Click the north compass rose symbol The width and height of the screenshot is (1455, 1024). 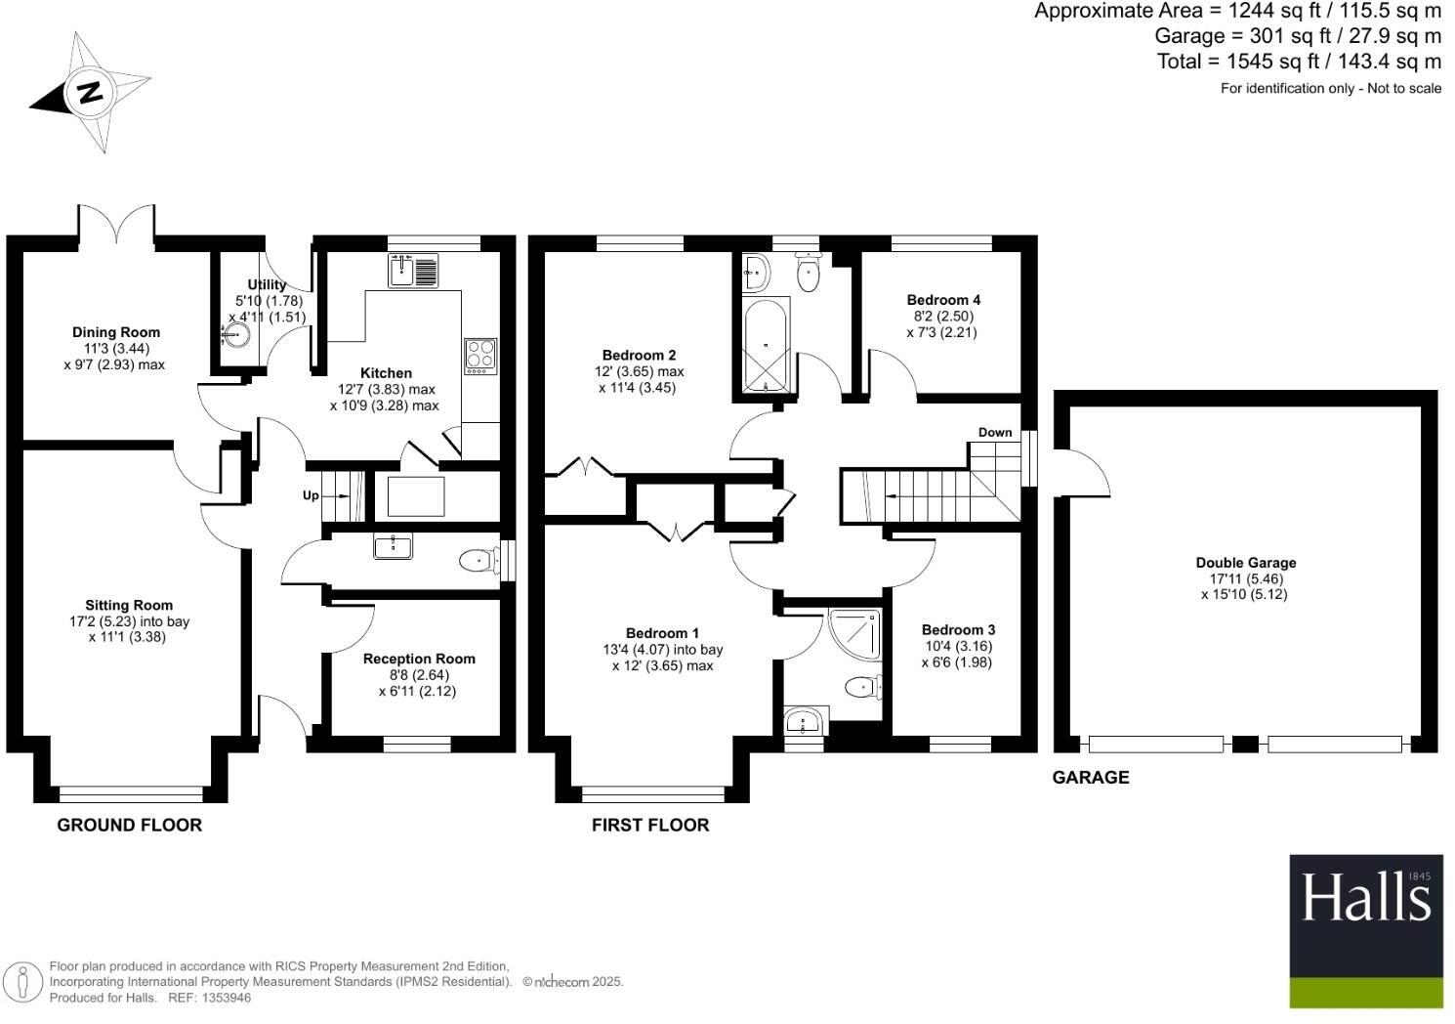pyautogui.click(x=91, y=93)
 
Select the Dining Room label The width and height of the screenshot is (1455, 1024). pyautogui.click(x=116, y=332)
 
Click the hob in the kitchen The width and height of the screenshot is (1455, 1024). pyautogui.click(x=479, y=356)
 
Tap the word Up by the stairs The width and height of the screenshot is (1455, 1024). pyautogui.click(x=311, y=495)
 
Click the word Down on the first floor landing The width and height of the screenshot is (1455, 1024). pyautogui.click(x=995, y=432)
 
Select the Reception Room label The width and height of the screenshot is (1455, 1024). pyautogui.click(x=419, y=659)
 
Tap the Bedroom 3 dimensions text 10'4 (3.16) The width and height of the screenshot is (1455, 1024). pyautogui.click(x=957, y=646)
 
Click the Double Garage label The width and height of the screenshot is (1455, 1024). pyautogui.click(x=1246, y=563)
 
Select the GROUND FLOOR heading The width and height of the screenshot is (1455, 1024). pyautogui.click(x=129, y=825)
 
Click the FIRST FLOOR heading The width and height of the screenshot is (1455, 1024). pyautogui.click(x=650, y=825)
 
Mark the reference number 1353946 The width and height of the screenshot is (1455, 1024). pyautogui.click(x=224, y=998)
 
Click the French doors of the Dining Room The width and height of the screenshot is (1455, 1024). pyautogui.click(x=116, y=225)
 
